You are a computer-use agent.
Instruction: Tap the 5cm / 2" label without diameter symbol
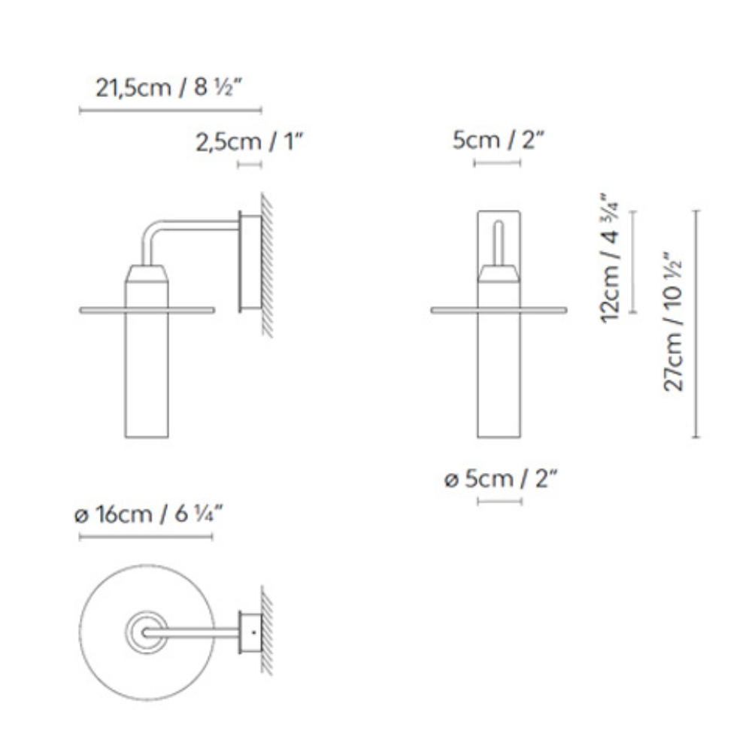[499, 141]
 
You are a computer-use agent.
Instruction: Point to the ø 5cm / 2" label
[499, 479]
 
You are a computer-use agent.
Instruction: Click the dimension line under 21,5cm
[170, 111]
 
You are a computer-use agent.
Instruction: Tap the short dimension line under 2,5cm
[250, 164]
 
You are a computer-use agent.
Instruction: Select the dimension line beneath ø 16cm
[147, 537]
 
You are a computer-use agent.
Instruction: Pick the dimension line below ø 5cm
[500, 501]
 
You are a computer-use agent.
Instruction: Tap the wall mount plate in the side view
[249, 261]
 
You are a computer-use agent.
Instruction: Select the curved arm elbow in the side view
[151, 233]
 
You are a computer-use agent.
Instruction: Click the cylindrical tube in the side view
[147, 376]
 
